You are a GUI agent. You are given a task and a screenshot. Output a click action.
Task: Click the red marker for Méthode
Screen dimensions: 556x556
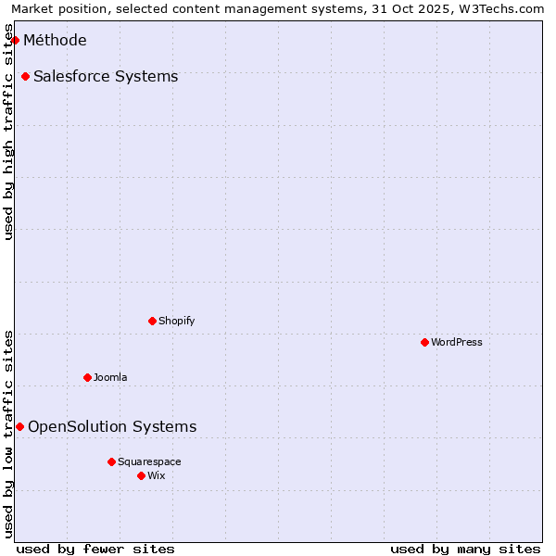coord(15,40)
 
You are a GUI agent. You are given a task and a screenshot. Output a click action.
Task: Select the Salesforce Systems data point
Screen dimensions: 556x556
coord(25,76)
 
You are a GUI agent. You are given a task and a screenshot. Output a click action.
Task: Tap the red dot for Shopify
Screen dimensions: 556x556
coord(152,321)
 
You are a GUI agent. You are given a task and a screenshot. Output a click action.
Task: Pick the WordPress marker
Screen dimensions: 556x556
coord(424,342)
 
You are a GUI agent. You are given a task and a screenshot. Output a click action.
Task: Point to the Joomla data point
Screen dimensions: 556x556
coord(87,377)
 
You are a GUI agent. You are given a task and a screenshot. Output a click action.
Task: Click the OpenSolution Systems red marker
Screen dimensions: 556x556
coord(19,426)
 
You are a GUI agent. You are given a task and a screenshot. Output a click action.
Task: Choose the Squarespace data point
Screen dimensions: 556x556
coord(111,461)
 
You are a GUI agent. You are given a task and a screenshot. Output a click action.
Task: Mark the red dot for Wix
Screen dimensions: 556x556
coord(141,475)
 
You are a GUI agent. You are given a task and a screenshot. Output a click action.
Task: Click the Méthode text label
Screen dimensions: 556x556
coord(55,40)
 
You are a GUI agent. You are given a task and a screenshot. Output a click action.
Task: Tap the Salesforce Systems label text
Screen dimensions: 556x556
coord(106,76)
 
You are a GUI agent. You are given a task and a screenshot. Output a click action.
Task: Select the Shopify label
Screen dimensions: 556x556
coord(176,321)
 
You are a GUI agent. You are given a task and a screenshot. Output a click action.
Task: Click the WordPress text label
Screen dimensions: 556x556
coord(456,342)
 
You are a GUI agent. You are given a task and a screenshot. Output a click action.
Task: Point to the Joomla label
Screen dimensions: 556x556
coord(110,377)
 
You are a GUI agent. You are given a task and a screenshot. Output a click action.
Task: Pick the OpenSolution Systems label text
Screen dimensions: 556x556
coord(112,426)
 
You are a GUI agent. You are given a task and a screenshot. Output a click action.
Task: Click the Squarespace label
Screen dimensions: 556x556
coord(149,461)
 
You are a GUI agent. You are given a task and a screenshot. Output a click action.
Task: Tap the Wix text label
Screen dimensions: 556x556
coord(157,475)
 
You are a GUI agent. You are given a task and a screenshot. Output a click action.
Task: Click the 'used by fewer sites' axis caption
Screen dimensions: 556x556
coord(95,549)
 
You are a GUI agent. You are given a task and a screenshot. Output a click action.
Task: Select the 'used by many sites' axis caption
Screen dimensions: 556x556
coord(465,549)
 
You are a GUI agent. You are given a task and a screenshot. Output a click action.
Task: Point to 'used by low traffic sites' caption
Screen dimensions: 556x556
coord(9,433)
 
